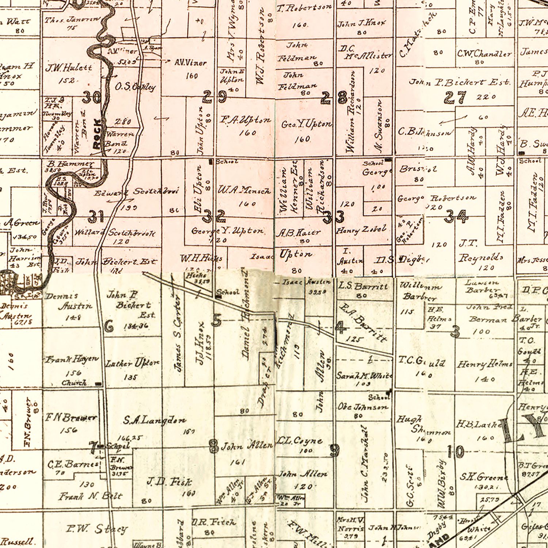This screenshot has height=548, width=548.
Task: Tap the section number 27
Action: pyautogui.click(x=455, y=98)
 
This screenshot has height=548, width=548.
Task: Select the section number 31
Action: pyautogui.click(x=96, y=217)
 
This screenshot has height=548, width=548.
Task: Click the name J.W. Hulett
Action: pyautogui.click(x=69, y=68)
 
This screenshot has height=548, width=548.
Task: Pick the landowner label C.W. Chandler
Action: pyautogui.click(x=484, y=54)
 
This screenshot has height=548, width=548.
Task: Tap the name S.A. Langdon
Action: pyautogui.click(x=155, y=421)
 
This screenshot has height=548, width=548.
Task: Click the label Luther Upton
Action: pyautogui.click(x=132, y=363)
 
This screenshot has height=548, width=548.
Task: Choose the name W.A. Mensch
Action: pyautogui.click(x=244, y=191)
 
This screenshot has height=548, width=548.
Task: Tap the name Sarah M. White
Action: pyautogui.click(x=364, y=376)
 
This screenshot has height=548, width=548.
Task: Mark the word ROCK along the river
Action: pyautogui.click(x=96, y=134)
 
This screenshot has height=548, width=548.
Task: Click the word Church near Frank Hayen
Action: pyautogui.click(x=74, y=383)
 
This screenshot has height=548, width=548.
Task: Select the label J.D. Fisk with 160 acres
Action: pyautogui.click(x=169, y=482)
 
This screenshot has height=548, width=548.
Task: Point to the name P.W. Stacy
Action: pyautogui.click(x=97, y=529)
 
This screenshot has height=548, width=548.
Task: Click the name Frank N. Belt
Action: pyautogui.click(x=90, y=496)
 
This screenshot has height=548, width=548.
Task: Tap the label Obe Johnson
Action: pyautogui.click(x=363, y=407)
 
